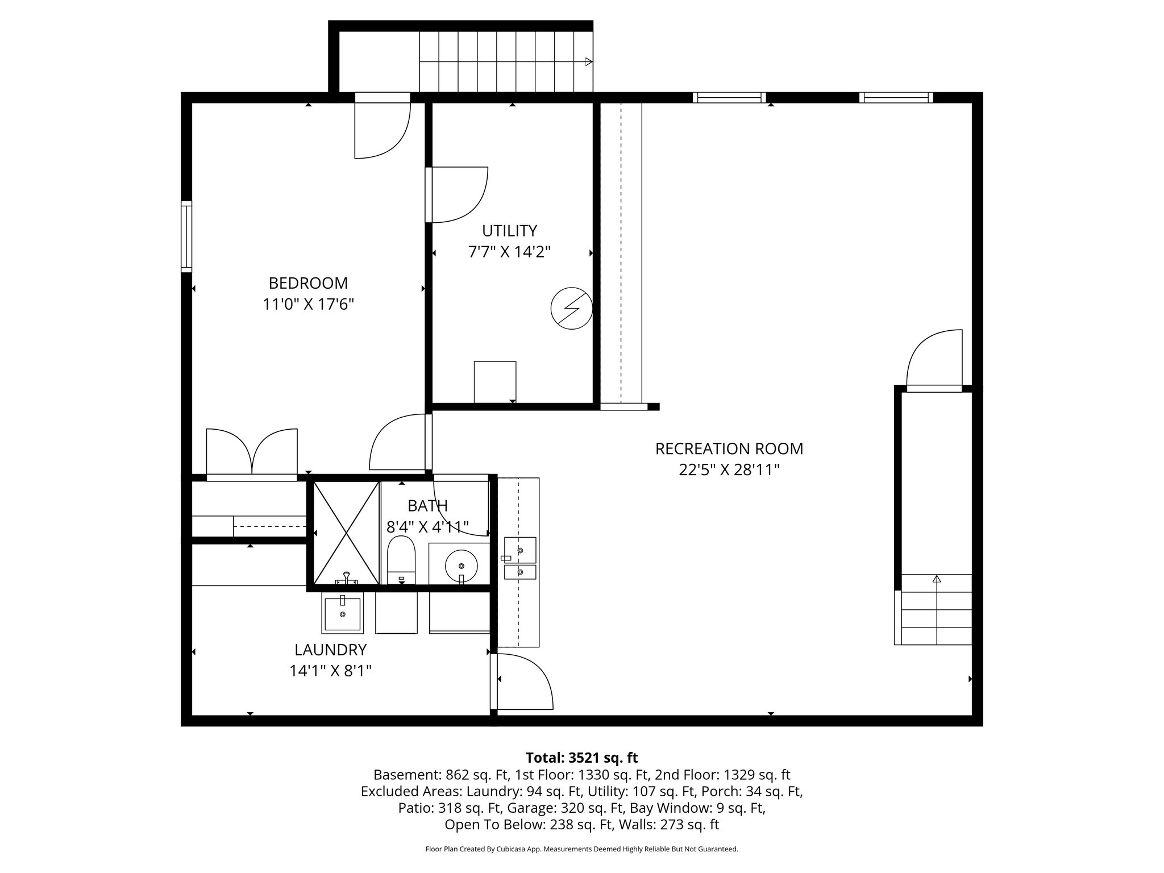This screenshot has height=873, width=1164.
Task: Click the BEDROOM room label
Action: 308,283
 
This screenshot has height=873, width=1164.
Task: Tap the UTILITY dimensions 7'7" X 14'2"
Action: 509,252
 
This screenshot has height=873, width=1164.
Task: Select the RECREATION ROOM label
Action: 729,448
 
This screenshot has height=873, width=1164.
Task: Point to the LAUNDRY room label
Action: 330,650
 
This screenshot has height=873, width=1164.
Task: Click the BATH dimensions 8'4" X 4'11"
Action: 427,527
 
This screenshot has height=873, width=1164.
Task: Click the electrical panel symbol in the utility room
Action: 571,309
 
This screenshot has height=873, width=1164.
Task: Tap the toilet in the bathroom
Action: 401,559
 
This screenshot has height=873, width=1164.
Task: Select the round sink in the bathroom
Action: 461,566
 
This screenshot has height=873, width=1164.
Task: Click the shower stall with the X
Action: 346,533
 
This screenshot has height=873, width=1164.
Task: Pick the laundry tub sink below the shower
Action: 342,614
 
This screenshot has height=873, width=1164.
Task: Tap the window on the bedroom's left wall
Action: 186,236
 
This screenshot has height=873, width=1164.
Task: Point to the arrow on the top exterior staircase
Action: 589,61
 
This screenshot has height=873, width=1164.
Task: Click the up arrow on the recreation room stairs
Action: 937,579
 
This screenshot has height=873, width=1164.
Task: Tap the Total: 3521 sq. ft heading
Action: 581,758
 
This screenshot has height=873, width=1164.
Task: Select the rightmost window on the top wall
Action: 896,97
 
